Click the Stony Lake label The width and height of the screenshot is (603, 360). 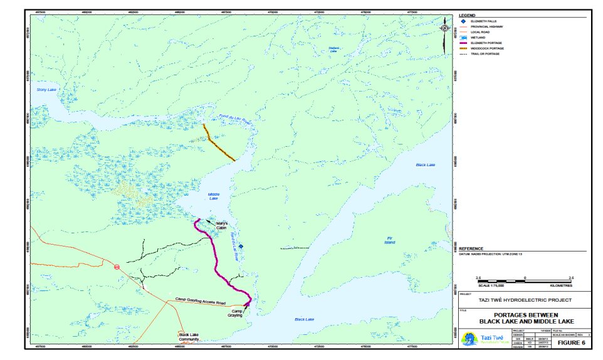(47, 90)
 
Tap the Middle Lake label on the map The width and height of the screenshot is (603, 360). (214, 196)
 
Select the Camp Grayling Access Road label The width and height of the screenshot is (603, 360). (200, 300)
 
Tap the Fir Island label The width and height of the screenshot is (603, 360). (389, 240)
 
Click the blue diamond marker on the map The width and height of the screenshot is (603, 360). (241, 246)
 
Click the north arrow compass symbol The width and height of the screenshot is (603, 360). (444, 28)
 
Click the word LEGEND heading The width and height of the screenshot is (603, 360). (468, 15)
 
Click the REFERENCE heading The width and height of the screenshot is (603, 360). (472, 248)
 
